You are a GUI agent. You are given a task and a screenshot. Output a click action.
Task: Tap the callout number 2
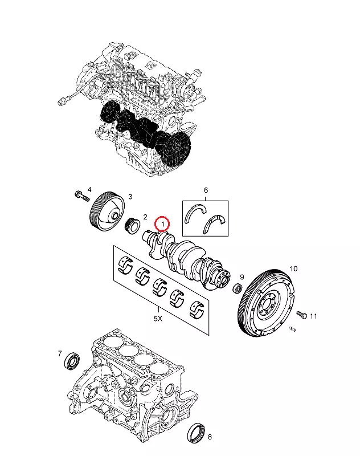[x=145, y=217]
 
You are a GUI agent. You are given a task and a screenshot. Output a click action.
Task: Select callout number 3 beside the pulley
[x=130, y=197]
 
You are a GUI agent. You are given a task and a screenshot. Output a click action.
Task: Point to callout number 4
[x=89, y=190]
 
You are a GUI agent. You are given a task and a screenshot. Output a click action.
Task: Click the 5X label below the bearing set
[x=158, y=320]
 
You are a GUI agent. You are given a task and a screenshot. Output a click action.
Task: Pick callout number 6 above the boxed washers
[x=206, y=190]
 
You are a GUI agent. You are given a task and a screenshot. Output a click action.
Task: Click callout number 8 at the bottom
[x=210, y=437]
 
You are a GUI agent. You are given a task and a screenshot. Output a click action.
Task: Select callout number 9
[x=242, y=276]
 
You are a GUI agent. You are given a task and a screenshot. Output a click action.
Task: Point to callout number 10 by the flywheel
[x=294, y=268]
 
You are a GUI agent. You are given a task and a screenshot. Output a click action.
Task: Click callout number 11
[x=313, y=317]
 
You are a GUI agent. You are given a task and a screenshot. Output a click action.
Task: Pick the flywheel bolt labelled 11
[x=302, y=315]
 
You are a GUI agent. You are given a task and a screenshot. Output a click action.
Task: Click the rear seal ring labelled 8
[x=197, y=431]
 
